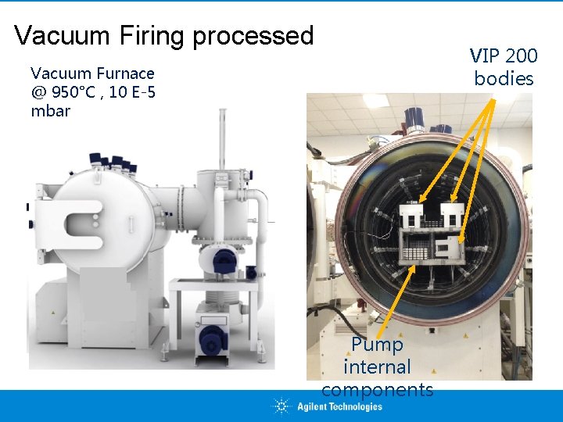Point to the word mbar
click(x=50, y=111)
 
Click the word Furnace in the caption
click(x=126, y=73)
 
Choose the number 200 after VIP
click(x=522, y=56)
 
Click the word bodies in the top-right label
click(x=504, y=78)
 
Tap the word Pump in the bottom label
click(x=377, y=345)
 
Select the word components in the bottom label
click(x=377, y=389)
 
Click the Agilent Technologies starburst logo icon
click(x=281, y=406)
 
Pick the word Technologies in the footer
click(x=350, y=406)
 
